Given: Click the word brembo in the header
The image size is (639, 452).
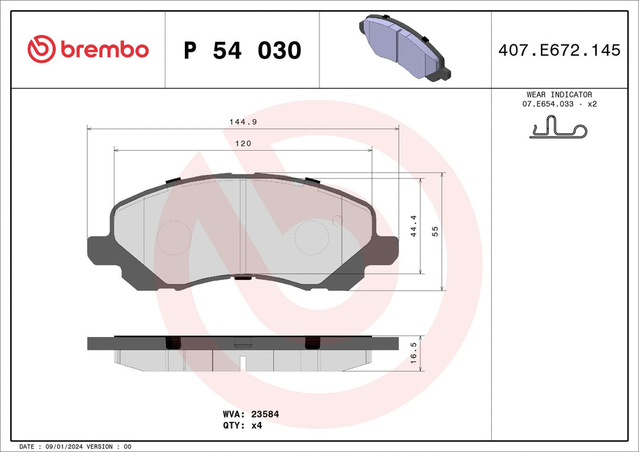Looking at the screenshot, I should click(x=104, y=50).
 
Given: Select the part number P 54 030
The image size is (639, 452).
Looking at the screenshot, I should click(x=242, y=50).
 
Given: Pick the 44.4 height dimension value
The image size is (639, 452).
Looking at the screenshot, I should click(x=414, y=227).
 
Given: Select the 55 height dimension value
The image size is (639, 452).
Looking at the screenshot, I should click(x=435, y=231).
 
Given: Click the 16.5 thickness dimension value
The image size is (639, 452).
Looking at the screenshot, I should click(x=414, y=352).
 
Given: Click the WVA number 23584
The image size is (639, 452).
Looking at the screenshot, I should click(x=265, y=414).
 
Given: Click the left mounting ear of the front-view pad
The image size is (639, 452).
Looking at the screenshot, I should click(x=98, y=250).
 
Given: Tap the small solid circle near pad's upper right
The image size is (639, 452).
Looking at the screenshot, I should click(x=337, y=220).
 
